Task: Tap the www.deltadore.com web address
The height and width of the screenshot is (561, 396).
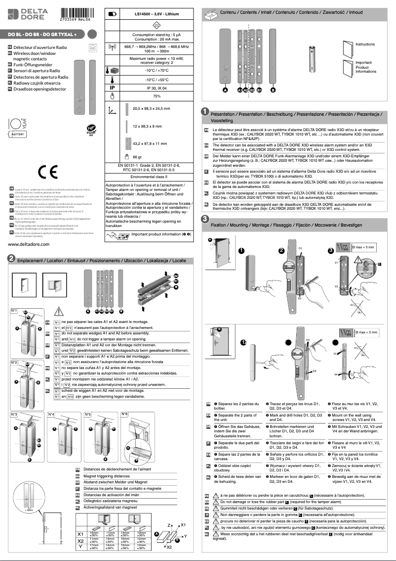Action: [28, 244]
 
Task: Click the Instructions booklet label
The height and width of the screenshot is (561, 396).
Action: [365, 44]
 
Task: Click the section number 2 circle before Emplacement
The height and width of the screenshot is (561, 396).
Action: [10, 259]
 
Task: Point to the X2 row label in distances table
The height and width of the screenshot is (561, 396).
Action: [80, 541]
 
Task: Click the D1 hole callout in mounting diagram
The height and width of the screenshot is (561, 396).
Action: [300, 247]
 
